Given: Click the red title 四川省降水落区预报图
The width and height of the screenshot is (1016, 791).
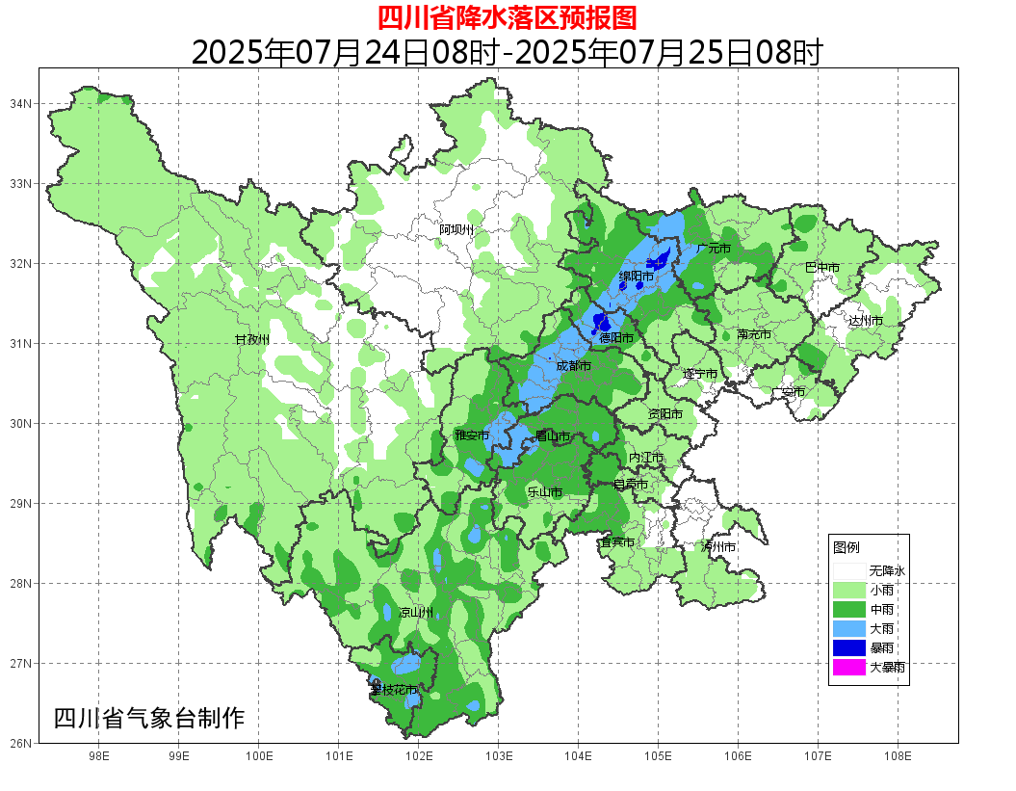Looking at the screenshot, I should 507,17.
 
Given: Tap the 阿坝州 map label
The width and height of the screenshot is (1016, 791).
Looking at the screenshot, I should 456,229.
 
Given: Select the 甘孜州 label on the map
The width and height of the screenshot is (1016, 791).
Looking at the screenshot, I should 252,340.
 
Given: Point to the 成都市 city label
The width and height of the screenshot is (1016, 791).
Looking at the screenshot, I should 574,366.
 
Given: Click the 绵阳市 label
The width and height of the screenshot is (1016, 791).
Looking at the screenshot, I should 637,277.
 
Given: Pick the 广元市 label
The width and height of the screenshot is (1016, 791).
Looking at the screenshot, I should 714,249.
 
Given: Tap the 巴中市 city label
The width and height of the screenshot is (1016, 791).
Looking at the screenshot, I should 822,268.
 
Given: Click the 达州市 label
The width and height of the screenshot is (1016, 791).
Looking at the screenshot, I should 865,320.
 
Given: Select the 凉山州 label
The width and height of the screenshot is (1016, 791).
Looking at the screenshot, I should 416,613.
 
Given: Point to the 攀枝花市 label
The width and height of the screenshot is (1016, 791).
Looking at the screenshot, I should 394,690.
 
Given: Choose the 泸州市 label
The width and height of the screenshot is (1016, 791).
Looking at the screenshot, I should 717,547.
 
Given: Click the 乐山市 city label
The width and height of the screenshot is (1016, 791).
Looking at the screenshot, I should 544,491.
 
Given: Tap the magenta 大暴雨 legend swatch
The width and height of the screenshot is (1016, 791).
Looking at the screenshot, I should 849,667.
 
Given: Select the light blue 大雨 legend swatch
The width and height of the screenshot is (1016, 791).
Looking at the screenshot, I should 849,628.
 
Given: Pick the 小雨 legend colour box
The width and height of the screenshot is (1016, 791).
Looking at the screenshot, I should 849,590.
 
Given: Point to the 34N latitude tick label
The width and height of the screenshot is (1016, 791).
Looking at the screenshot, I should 21,103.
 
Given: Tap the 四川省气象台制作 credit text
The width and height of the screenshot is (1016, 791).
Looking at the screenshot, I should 149,718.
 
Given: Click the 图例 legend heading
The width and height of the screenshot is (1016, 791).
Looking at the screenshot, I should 846,547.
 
